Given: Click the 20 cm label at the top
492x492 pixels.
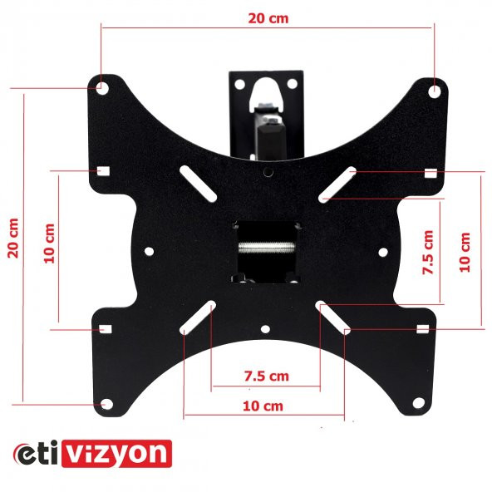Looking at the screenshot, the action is [x=268, y=18].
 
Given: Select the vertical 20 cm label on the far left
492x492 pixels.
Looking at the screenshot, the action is [x=13, y=239].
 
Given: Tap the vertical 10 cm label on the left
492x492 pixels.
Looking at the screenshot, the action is [x=49, y=244].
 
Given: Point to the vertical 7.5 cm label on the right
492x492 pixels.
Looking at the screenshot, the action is [x=428, y=253].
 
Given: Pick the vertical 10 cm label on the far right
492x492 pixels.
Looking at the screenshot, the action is [x=465, y=253].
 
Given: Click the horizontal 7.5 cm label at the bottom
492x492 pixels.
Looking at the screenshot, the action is [x=267, y=376].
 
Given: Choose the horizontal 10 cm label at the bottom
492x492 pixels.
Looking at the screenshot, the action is [x=263, y=406].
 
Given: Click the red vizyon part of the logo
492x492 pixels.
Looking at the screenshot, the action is [x=116, y=454].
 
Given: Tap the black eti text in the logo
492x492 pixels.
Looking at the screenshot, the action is [x=36, y=454].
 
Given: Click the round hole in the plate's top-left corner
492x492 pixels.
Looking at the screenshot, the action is [x=102, y=88].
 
